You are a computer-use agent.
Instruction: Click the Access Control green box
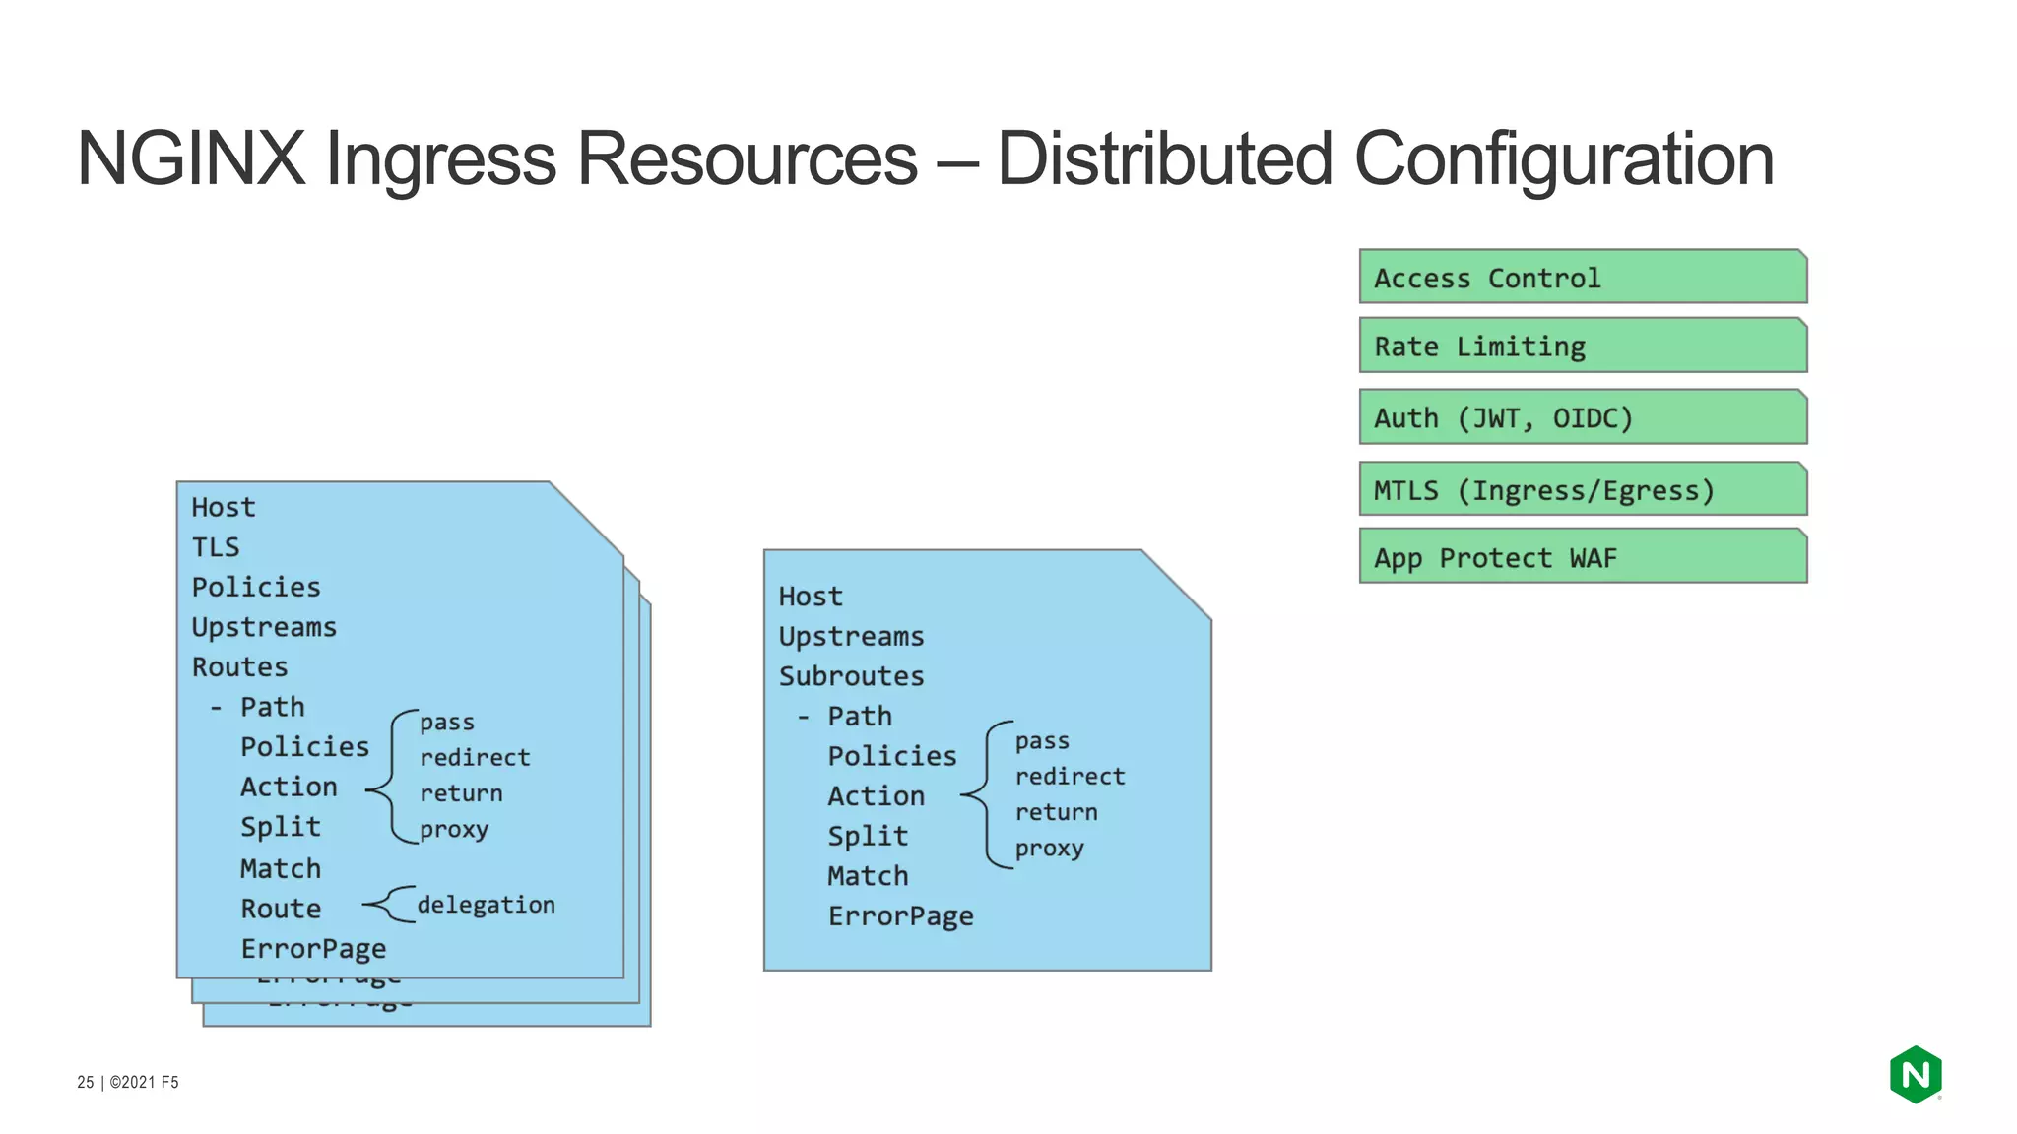pyautogui.click(x=1582, y=277)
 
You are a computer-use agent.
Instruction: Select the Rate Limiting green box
pyautogui.click(x=1582, y=346)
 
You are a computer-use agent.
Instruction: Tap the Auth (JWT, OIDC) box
pyautogui.click(x=1582, y=417)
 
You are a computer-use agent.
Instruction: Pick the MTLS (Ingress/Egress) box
pyautogui.click(x=1582, y=489)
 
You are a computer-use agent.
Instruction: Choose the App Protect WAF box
pyautogui.click(x=1582, y=557)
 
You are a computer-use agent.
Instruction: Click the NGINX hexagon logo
pyautogui.click(x=1915, y=1074)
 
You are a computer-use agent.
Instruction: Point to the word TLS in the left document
pyautogui.click(x=215, y=547)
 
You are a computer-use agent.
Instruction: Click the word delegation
pyautogui.click(x=486, y=905)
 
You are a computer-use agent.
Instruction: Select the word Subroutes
pyautogui.click(x=851, y=676)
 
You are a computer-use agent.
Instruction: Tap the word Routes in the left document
pyautogui.click(x=239, y=667)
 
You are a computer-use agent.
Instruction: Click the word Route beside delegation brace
pyautogui.click(x=281, y=909)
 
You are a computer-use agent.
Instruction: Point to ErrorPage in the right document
pyautogui.click(x=900, y=916)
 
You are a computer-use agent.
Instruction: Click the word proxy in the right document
pyautogui.click(x=1049, y=849)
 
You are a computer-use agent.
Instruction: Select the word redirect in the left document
pyautogui.click(x=475, y=758)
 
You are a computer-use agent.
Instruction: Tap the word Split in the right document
pyautogui.click(x=867, y=836)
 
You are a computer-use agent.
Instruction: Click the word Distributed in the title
pyautogui.click(x=1164, y=159)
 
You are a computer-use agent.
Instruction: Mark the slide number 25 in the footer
pyautogui.click(x=86, y=1082)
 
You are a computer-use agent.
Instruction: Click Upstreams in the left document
pyautogui.click(x=264, y=627)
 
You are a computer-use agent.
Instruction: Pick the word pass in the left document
pyautogui.click(x=446, y=723)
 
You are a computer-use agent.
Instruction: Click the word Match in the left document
pyautogui.click(x=281, y=869)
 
